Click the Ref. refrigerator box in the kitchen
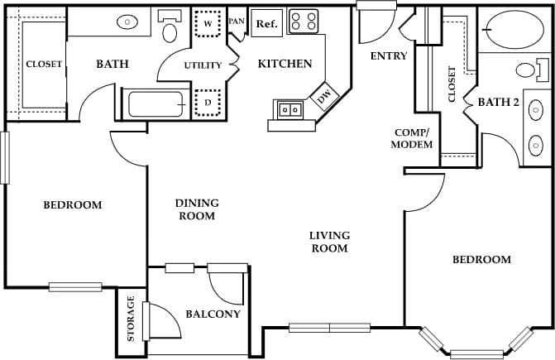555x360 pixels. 266,23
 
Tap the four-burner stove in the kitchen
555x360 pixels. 303,22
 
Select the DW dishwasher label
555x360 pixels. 323,98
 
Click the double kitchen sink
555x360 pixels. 290,108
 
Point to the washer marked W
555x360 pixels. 208,24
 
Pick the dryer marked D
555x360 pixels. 208,103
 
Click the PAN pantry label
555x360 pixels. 237,22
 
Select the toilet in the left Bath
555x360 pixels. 171,27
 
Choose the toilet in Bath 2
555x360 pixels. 526,70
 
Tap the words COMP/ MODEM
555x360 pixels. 413,139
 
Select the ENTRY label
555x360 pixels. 389,56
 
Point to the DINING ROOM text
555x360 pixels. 196,209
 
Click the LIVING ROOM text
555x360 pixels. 328,242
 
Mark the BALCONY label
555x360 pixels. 213,314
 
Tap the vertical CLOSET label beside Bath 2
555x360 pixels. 452,84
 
